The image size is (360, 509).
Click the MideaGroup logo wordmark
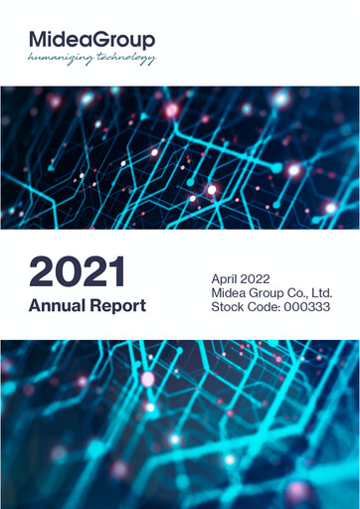[x=91, y=40]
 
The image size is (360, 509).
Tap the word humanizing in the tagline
[x=60, y=58]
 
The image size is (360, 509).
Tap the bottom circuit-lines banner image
[x=180, y=424]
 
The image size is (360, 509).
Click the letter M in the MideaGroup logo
[x=39, y=39]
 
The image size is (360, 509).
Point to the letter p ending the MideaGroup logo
[x=148, y=42]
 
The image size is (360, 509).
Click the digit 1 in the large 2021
[x=116, y=272]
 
